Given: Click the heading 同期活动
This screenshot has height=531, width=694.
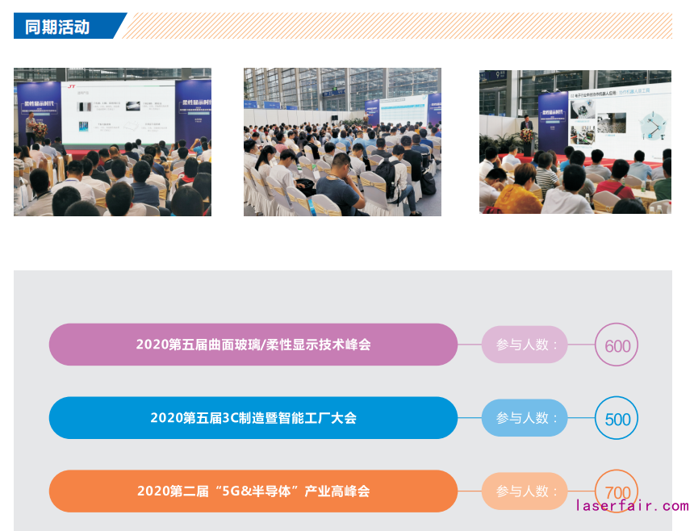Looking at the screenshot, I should point(58,26).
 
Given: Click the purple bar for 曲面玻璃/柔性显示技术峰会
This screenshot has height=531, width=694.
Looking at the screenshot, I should point(253,345).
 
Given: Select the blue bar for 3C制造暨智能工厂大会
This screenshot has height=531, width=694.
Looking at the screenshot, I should point(253,418).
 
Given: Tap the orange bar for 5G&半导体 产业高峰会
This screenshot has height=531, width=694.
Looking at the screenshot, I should point(253,491).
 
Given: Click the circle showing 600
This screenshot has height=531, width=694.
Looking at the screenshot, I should point(617,345).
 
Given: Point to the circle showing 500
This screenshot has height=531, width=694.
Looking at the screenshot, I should point(617,419).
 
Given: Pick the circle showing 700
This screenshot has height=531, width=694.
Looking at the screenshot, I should point(617,491).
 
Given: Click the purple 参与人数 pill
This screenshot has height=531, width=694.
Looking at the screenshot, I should point(525,345).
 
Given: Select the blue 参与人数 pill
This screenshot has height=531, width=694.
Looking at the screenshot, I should point(525,418).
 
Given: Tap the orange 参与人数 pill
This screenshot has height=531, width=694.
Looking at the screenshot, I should point(525,491).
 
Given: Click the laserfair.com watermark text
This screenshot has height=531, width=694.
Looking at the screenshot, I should point(633,506).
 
